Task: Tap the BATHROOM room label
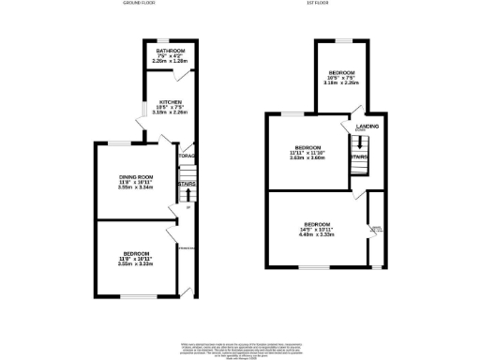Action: (x=171, y=51)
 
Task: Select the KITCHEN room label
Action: (x=170, y=101)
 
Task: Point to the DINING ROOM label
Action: (x=137, y=176)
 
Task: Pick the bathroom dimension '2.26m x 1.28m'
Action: (x=171, y=61)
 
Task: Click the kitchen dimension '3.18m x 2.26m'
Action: (x=170, y=112)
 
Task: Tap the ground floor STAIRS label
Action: (x=186, y=185)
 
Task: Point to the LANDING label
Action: (x=366, y=127)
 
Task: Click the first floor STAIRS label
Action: (x=360, y=157)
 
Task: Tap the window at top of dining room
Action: (x=120, y=142)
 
